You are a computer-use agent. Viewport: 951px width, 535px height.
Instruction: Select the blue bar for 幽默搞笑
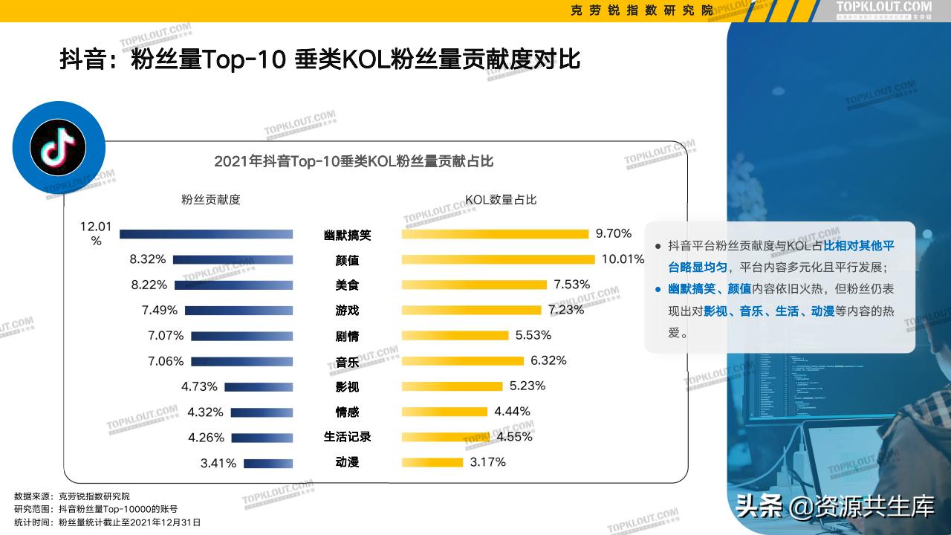pos(206,234)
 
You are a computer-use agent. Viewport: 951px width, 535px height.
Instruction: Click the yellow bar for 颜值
pos(498,259)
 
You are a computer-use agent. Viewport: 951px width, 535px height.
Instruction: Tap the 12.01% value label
pos(96,233)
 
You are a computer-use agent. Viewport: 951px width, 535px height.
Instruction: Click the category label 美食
pos(347,285)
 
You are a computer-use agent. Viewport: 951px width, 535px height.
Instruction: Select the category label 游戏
pos(347,311)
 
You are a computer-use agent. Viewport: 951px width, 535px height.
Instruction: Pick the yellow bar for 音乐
pos(462,361)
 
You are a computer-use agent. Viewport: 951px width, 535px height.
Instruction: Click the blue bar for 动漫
pos(268,463)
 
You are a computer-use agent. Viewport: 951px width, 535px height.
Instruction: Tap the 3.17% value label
pos(487,462)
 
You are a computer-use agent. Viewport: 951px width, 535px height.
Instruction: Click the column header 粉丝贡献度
pos(211,200)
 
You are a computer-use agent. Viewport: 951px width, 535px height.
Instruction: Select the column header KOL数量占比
pos(501,200)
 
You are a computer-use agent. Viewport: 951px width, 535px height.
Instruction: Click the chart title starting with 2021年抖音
pos(354,161)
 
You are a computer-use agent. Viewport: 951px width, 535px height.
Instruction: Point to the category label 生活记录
pos(347,437)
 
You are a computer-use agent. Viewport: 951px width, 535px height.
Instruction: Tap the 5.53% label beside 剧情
pos(533,335)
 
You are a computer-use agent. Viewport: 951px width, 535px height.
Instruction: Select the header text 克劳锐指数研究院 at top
pos(641,10)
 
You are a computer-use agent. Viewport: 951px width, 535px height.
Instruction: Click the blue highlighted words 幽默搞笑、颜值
pos(710,289)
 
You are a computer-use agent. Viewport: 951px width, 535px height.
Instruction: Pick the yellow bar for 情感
pos(444,412)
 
